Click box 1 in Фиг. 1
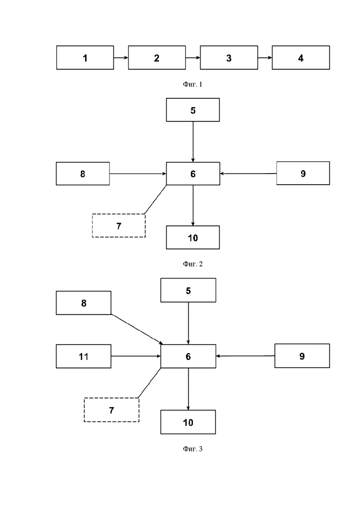click(85, 58)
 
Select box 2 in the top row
click(157, 58)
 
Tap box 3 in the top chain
click(229, 58)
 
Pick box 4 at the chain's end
click(300, 58)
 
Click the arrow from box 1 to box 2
click(121, 58)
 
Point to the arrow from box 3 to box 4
click(265, 58)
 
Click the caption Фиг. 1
click(192, 84)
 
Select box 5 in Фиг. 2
click(193, 110)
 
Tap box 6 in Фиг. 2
click(193, 174)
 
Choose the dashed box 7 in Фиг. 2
click(119, 225)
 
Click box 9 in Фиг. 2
click(303, 174)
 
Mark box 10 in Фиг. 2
click(193, 237)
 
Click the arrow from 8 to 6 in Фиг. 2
click(138, 174)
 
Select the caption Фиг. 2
click(192, 264)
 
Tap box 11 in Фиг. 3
click(84, 356)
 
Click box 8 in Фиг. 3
click(84, 303)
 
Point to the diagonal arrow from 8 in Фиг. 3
click(137, 329)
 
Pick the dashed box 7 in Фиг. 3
click(111, 410)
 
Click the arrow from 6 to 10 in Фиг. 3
click(188, 389)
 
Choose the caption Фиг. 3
click(192, 449)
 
